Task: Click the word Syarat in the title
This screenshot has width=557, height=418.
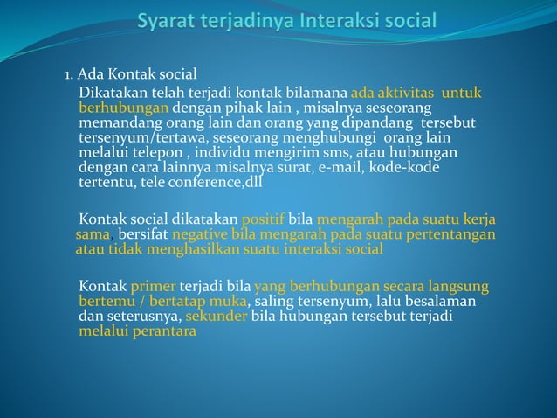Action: pyautogui.click(x=169, y=21)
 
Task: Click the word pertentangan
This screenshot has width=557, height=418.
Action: pyautogui.click(x=450, y=234)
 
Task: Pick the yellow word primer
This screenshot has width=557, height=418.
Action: pyautogui.click(x=153, y=287)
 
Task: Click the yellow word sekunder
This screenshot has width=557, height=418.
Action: pyautogui.click(x=217, y=317)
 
